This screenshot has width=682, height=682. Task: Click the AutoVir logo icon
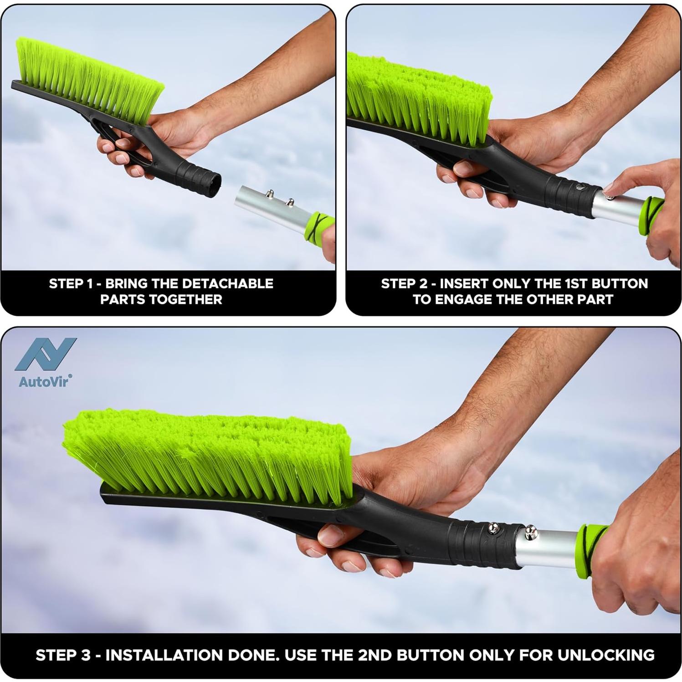click(x=46, y=354)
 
